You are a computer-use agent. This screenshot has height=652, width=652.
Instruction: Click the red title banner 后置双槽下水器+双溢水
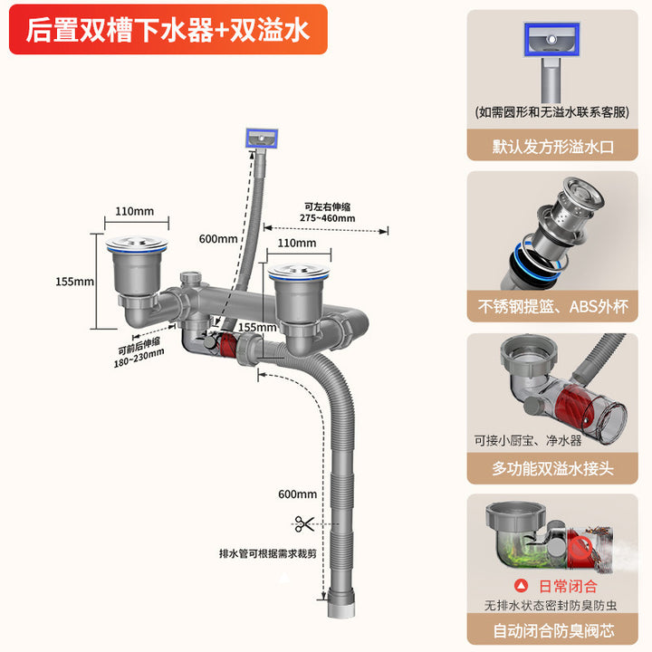(x=168, y=30)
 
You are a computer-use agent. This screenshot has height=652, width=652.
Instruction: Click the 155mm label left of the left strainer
(x=74, y=282)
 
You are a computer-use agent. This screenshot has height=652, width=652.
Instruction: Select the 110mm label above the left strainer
(x=135, y=211)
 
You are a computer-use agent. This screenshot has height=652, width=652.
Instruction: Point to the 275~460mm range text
(x=330, y=218)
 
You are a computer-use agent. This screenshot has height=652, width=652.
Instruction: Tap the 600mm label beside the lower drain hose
(x=298, y=494)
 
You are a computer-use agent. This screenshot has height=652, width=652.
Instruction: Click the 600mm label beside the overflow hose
(x=217, y=239)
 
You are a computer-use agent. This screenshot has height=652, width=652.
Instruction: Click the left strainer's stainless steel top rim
(x=134, y=242)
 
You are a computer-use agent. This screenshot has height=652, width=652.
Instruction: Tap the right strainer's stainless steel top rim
(x=296, y=268)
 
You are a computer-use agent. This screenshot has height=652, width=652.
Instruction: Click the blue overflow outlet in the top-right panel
(x=549, y=37)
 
